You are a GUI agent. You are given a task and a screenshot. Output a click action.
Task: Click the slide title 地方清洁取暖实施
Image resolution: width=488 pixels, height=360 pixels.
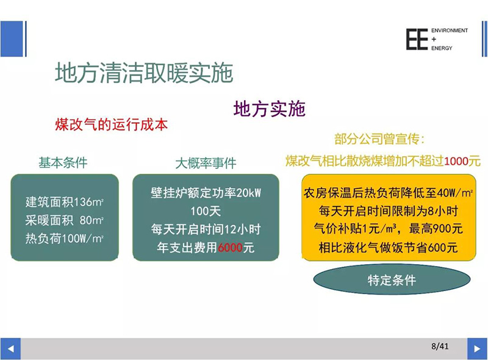(x=144, y=73)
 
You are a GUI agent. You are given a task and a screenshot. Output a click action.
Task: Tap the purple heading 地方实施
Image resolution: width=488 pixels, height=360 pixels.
(x=269, y=109)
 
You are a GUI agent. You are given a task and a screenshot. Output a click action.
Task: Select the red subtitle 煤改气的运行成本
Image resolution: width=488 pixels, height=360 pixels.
(x=112, y=124)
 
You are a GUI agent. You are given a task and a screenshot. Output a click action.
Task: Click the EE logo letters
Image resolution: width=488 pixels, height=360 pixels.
(x=417, y=39)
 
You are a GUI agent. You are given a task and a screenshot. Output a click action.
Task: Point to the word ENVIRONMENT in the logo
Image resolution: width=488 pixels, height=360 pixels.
(x=450, y=31)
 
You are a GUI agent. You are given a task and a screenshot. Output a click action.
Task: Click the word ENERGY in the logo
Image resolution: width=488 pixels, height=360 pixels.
(x=442, y=48)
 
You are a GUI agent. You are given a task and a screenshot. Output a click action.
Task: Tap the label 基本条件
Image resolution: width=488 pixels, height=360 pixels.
(x=63, y=163)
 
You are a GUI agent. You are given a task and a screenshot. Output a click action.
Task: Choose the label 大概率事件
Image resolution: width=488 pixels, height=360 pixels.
(x=206, y=163)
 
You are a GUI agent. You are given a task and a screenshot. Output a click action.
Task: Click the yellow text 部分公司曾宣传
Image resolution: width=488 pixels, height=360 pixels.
(x=379, y=139)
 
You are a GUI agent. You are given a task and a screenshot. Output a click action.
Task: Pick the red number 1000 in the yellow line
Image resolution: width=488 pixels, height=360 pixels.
(x=456, y=161)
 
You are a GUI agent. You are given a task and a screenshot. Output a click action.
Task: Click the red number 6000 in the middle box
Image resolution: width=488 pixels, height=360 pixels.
(x=231, y=248)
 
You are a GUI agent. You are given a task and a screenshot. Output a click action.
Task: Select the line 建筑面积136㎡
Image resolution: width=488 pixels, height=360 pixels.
(x=65, y=202)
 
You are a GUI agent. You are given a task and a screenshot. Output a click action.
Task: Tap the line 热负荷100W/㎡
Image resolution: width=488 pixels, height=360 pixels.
(x=65, y=239)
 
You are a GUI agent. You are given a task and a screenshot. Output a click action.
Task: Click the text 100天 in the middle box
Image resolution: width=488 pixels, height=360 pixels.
(x=206, y=212)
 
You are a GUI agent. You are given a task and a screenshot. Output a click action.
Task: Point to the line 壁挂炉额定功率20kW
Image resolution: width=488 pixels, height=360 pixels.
(x=206, y=193)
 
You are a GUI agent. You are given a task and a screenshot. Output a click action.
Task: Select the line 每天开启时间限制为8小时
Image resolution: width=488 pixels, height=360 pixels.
(x=389, y=211)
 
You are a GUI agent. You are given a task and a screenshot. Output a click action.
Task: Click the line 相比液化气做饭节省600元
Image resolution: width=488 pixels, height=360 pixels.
(x=389, y=248)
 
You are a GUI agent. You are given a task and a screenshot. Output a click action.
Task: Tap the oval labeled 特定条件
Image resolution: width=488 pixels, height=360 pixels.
(x=392, y=279)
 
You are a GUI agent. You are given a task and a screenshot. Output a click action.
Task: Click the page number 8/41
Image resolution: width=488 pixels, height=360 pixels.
(x=440, y=346)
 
